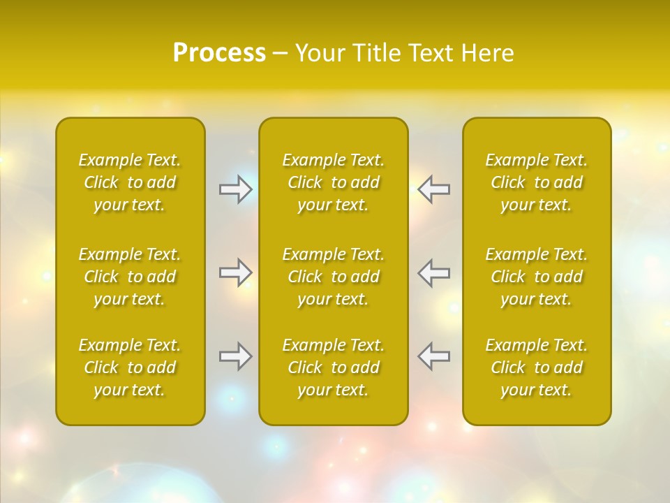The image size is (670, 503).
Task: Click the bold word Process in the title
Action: [219, 53]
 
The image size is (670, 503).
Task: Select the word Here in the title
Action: [487, 53]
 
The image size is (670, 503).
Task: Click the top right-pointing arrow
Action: [236, 189]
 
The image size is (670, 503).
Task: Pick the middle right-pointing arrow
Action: [236, 272]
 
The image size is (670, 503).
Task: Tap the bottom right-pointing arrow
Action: [236, 356]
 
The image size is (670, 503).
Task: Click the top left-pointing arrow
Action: [433, 189]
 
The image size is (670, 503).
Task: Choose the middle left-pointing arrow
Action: [433, 272]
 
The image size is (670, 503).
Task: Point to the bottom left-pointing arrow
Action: [433, 356]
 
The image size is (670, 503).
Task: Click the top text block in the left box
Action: [130, 182]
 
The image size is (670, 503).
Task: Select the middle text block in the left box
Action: [130, 277]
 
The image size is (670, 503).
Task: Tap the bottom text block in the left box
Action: [130, 367]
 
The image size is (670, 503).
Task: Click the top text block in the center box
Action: [334, 182]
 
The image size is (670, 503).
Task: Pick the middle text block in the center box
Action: [334, 277]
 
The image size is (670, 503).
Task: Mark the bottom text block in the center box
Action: [334, 367]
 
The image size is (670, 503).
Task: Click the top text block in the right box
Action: [537, 182]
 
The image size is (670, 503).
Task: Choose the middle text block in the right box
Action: [537, 277]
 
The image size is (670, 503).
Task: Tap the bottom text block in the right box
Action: [537, 367]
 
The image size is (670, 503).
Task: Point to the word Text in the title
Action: [433, 53]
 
